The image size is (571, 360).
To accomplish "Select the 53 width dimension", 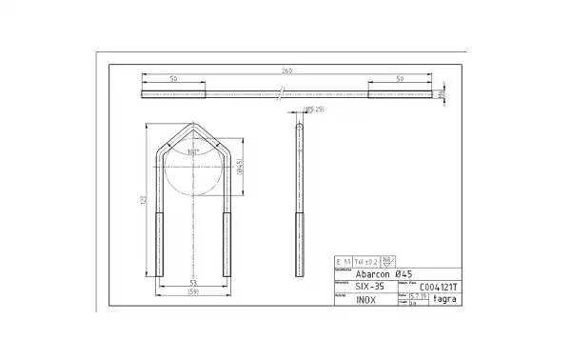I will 192,283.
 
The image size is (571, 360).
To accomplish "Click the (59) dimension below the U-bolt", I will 192,291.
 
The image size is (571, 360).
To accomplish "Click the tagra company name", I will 444,299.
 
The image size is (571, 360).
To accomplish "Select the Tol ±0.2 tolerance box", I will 365,260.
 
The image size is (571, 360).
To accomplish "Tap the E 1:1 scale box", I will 344,260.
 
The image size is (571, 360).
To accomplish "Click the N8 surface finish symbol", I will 388,259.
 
